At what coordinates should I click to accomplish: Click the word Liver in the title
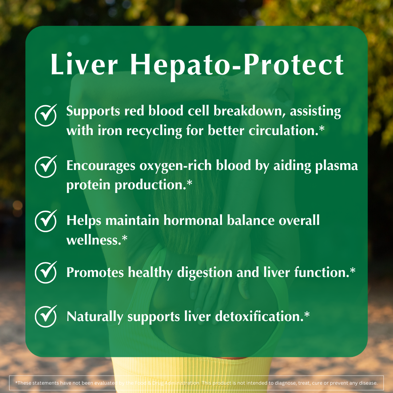point(84,65)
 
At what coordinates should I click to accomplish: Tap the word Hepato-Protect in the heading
point(237,65)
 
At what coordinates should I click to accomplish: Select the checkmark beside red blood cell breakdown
point(45,114)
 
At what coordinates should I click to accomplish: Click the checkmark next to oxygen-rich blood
point(45,166)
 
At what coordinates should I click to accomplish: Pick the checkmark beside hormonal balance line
point(45,221)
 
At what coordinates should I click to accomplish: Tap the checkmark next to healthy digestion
point(45,272)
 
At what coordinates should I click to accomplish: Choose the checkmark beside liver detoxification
point(45,316)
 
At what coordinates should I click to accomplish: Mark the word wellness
point(94,240)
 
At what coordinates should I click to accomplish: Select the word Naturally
point(95,317)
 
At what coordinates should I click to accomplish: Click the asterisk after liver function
point(352,271)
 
